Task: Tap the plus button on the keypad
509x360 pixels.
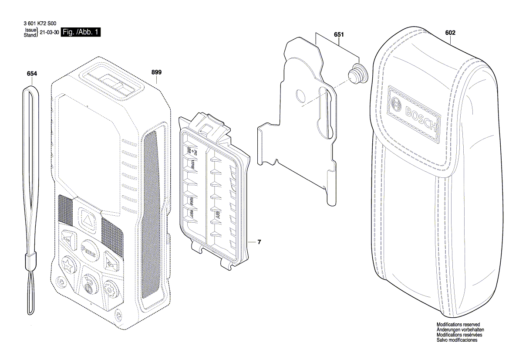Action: [x=109, y=262]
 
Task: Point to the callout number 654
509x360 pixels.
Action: [x=32, y=74]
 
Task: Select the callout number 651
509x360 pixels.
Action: [x=339, y=34]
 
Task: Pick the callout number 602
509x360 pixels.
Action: [x=450, y=32]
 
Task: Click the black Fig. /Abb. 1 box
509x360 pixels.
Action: [x=81, y=32]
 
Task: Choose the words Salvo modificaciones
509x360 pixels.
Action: [x=457, y=340]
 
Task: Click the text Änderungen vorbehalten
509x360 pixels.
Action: [x=460, y=330]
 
